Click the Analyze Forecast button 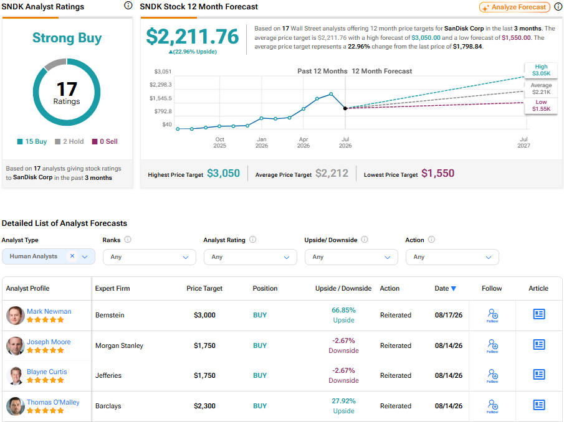(514, 7)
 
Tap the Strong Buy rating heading (67, 38)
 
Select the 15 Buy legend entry (32, 141)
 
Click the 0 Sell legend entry (105, 141)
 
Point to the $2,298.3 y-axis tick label (160, 85)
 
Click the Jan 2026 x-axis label (262, 143)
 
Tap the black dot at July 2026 (345, 108)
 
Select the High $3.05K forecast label (541, 70)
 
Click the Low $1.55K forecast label (541, 106)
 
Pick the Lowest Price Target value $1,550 (437, 174)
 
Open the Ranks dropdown (150, 257)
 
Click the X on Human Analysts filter (72, 256)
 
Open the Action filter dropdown (452, 257)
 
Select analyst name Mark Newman (49, 311)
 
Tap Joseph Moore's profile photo (15, 346)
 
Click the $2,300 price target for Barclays (204, 406)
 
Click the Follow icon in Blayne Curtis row (492, 376)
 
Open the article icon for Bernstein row (539, 314)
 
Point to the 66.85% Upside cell (343, 315)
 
